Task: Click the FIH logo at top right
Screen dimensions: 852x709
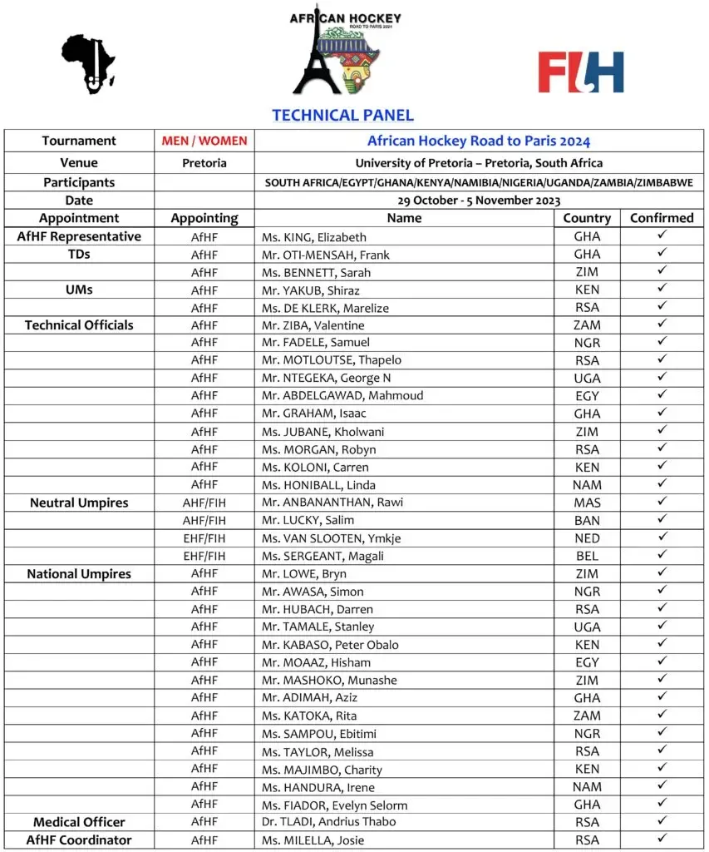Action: [580, 72]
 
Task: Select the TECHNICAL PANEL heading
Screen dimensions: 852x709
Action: [342, 116]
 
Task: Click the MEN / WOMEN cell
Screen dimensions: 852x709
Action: [204, 141]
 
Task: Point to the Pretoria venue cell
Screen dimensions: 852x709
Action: [204, 163]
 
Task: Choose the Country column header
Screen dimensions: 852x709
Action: [587, 218]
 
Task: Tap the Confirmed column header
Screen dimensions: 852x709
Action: [662, 218]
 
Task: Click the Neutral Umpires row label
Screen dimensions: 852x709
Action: [79, 503]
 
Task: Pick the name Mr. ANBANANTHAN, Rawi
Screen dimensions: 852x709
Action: [322, 503]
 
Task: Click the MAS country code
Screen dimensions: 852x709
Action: [587, 503]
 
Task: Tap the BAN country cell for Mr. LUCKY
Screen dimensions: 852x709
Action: [587, 521]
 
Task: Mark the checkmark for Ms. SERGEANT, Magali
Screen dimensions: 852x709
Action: [662, 555]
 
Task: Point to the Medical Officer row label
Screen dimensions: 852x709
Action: [79, 822]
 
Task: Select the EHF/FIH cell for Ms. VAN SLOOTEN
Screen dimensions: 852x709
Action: [204, 538]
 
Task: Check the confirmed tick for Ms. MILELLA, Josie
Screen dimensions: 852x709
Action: [662, 840]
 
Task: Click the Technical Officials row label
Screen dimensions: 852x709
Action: [79, 324]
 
